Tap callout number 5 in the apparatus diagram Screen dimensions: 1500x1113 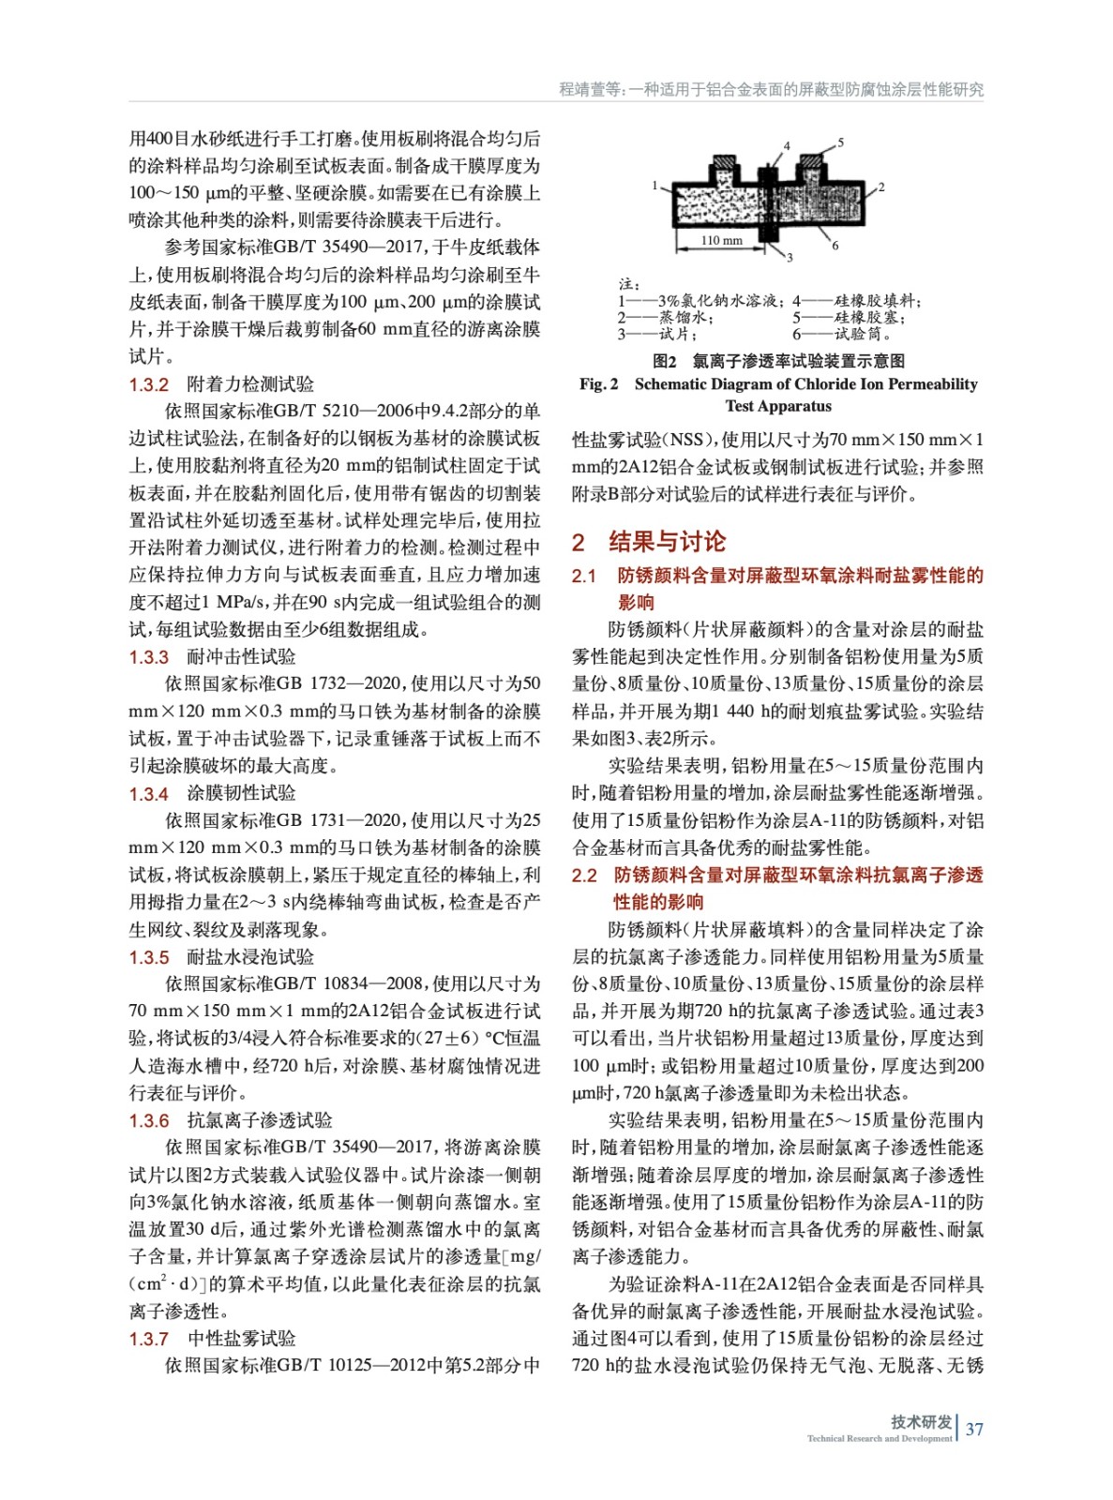coord(840,142)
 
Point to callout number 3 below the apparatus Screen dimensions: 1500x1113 coord(790,257)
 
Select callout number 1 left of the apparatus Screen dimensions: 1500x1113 coord(654,186)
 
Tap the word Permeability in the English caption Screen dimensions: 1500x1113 coord(932,383)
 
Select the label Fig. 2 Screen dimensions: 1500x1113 coord(598,383)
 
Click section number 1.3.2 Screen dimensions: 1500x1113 coord(148,384)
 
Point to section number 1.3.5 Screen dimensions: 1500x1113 coord(148,957)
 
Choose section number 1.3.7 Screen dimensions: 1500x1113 coord(148,1339)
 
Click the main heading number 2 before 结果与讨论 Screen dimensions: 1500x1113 coord(579,542)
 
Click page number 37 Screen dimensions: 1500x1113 coord(974,1429)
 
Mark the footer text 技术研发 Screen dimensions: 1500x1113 coord(921,1421)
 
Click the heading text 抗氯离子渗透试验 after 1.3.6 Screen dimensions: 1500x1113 coord(260,1120)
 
